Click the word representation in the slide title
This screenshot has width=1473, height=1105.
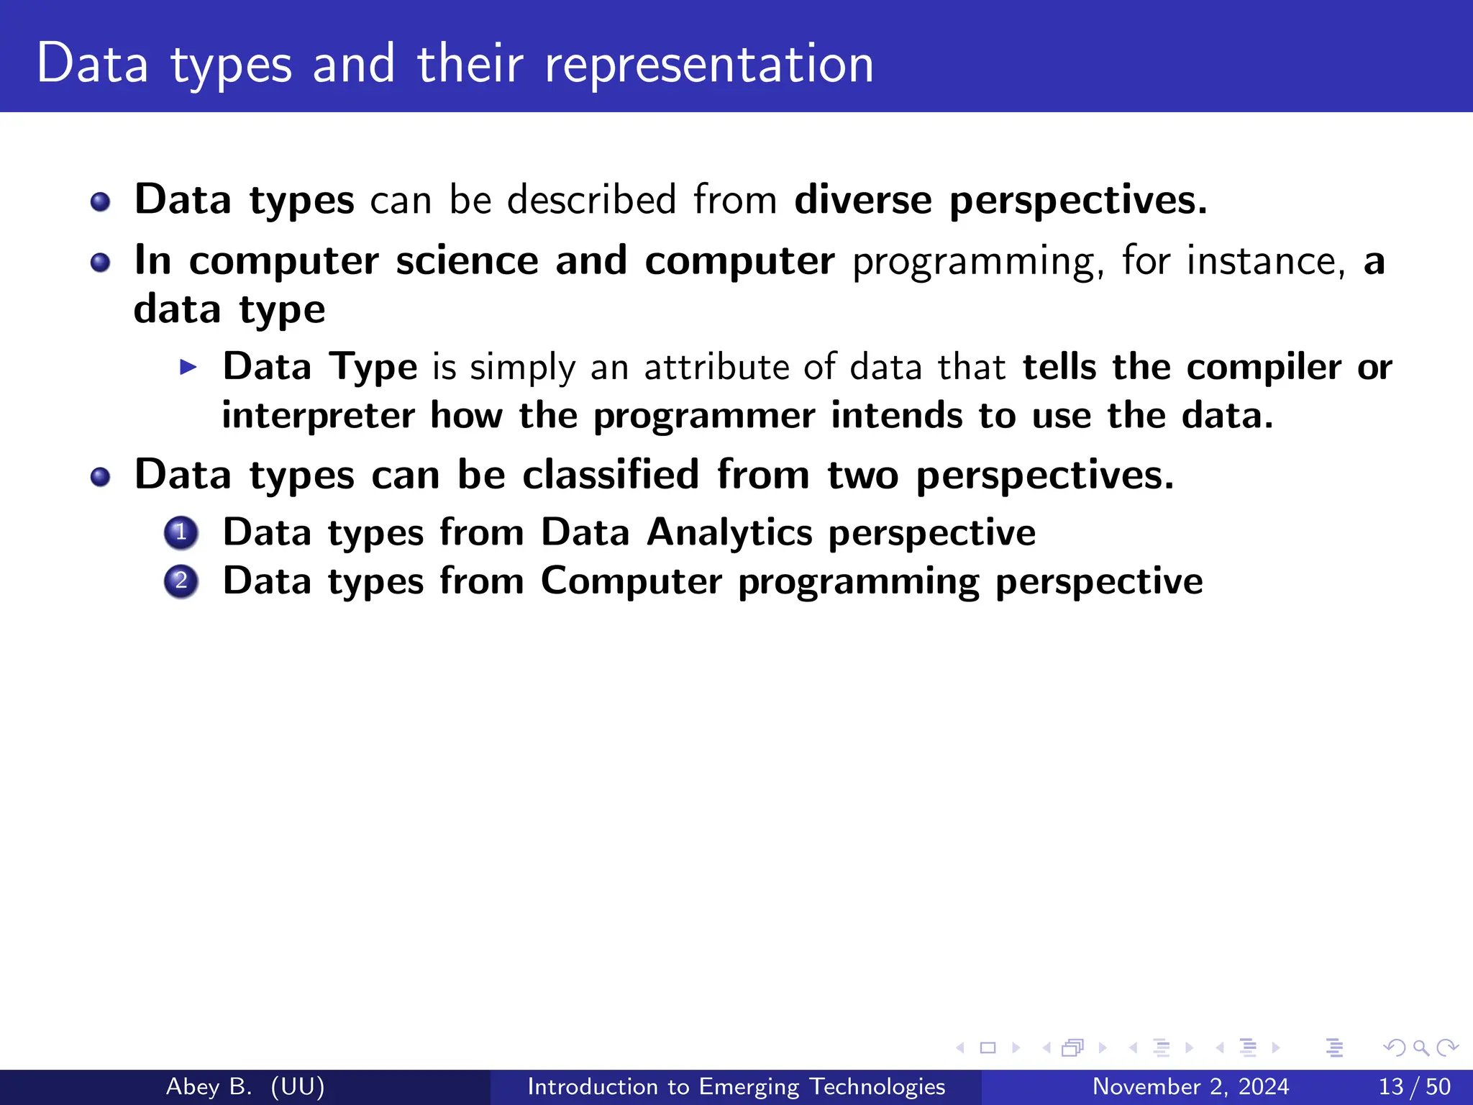point(708,65)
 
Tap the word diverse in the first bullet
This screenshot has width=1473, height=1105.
point(862,199)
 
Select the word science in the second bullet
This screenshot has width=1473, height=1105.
point(467,260)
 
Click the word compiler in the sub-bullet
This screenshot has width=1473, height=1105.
point(1263,368)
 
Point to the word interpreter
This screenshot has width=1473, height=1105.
point(318,416)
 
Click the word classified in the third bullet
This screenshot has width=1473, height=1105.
point(611,475)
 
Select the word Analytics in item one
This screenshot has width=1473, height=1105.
point(729,533)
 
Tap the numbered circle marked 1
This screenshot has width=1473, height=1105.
point(181,533)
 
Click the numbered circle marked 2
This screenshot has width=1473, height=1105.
point(181,581)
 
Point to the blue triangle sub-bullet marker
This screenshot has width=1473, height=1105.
point(188,368)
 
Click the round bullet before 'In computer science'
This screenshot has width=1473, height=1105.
point(101,263)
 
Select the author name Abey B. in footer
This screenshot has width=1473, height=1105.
point(209,1086)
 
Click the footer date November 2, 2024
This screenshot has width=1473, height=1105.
point(1190,1086)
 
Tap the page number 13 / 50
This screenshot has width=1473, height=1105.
point(1414,1086)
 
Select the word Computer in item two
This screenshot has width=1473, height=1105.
point(631,581)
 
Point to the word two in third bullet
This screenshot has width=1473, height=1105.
point(862,475)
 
